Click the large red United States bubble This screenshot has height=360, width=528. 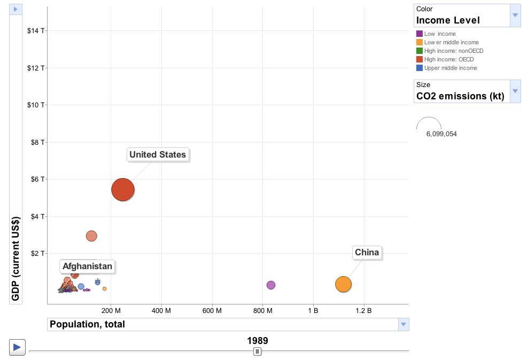coord(122,190)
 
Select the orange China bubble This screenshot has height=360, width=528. coord(343,284)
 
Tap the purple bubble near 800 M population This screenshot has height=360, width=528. coord(271,285)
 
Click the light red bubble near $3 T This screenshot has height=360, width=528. coord(91,236)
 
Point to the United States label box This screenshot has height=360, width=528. coord(158,155)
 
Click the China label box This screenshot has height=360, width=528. coord(367,252)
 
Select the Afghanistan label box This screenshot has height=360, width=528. coord(88,266)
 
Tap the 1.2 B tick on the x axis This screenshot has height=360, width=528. coord(363,310)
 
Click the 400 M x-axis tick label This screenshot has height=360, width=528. coord(161,310)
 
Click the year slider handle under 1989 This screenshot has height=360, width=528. coord(257,351)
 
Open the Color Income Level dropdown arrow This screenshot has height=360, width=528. coord(515,15)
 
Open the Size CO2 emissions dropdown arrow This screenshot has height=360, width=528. coord(515,91)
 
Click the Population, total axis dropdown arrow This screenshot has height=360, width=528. coord(404,324)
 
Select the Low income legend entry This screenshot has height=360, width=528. coord(439,34)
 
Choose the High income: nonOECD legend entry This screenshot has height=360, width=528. coord(453,51)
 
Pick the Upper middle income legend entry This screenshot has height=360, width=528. coord(450,68)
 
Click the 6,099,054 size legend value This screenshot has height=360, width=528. coord(441,134)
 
